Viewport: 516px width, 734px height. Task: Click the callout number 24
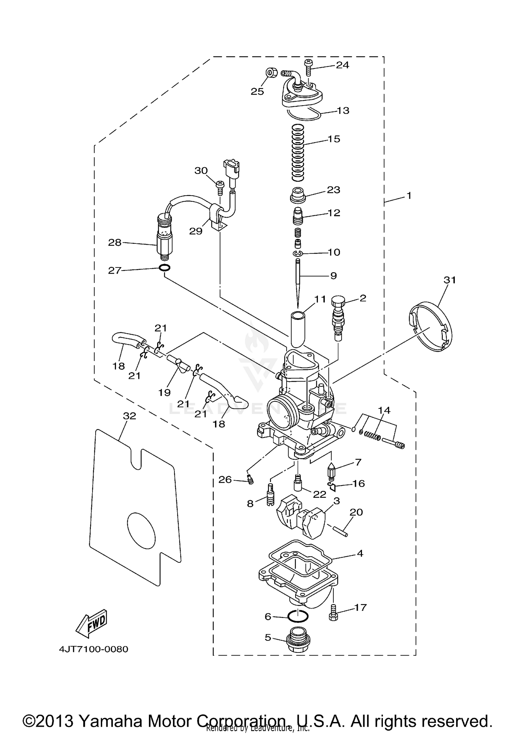tap(342, 65)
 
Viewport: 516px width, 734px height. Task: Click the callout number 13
tap(343, 111)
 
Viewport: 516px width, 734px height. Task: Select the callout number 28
tap(115, 243)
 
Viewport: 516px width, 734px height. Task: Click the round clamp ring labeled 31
tap(432, 326)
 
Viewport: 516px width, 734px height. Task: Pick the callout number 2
tap(363, 298)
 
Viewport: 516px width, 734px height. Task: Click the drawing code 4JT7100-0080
tap(93, 649)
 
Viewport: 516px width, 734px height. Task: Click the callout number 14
tap(384, 410)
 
